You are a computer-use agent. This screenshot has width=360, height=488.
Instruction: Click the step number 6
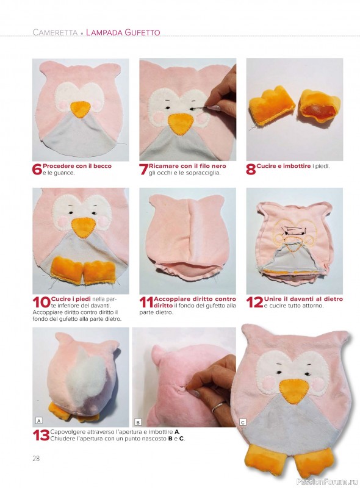(37, 170)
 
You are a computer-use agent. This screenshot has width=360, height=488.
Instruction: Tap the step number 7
(144, 170)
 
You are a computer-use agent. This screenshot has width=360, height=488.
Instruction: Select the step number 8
(251, 170)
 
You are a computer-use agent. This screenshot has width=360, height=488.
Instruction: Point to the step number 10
(41, 302)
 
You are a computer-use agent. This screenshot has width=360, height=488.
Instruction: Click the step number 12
(254, 302)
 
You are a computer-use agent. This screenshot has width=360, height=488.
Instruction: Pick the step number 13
(41, 435)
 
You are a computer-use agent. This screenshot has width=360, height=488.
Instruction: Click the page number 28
(36, 459)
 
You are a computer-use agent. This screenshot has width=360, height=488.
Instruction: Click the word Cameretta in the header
(55, 32)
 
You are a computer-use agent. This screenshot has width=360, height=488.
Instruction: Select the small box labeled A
(39, 421)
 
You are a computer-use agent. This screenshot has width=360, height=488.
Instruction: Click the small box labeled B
(138, 422)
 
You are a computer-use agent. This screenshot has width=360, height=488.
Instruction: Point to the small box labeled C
(243, 422)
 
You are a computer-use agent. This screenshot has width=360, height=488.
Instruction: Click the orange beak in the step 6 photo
(81, 109)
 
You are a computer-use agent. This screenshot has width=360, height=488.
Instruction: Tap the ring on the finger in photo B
(219, 406)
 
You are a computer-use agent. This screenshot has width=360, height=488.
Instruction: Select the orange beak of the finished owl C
(295, 391)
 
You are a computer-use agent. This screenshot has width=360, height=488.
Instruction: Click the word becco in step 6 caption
(103, 166)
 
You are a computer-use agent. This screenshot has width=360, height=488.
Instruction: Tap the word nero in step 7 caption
(218, 166)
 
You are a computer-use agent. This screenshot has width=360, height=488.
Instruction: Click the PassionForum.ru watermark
(327, 482)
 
